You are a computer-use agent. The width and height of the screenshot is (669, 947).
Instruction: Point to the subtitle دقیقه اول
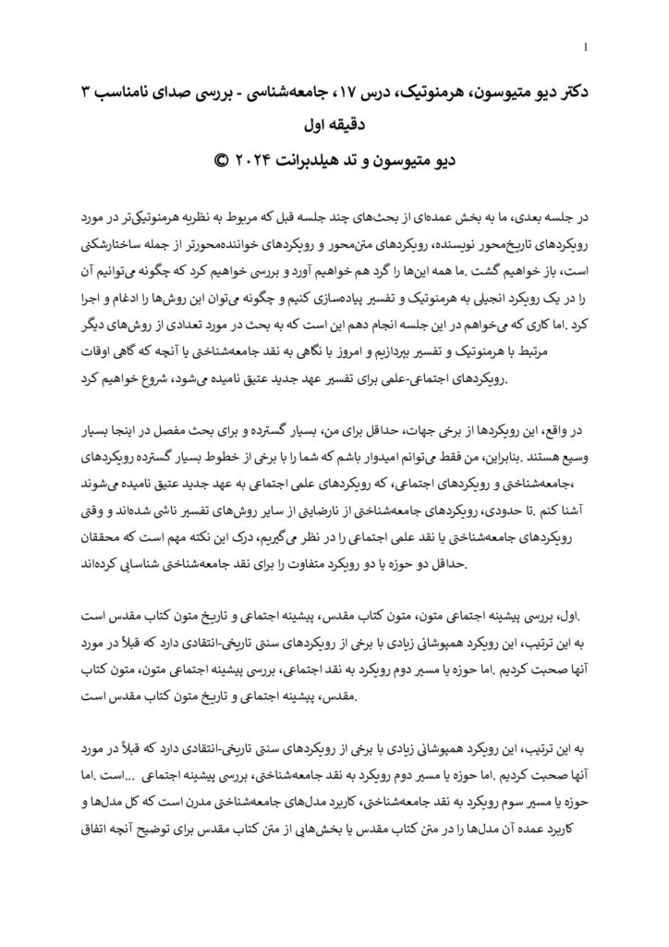click(x=334, y=124)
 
